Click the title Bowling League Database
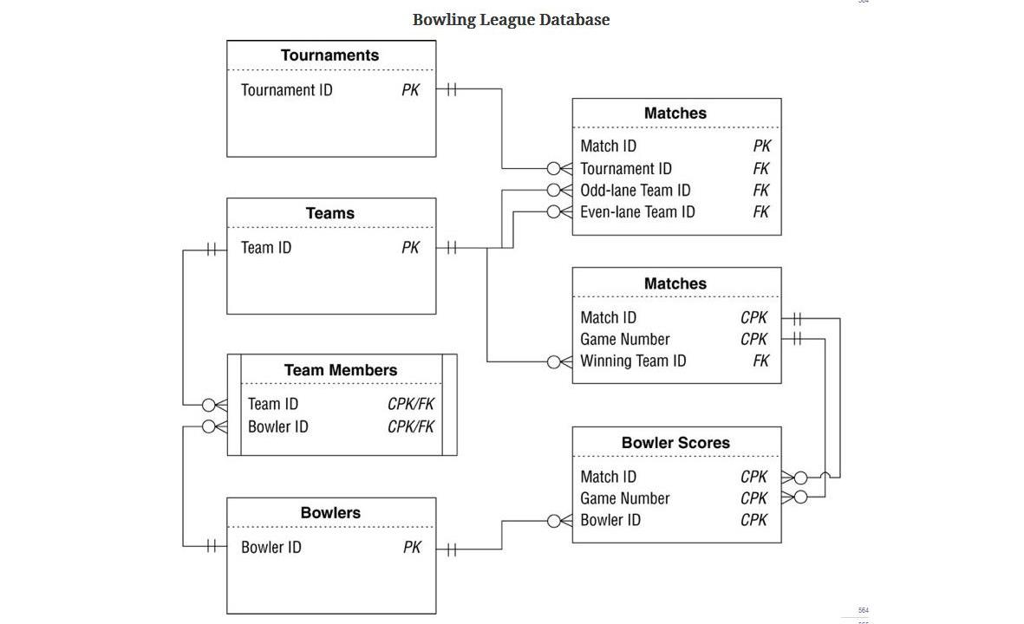click(511, 19)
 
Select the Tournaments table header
click(329, 55)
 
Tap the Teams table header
click(329, 213)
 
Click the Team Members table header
click(340, 370)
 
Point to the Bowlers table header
click(329, 513)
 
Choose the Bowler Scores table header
click(675, 443)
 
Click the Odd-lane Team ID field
click(635, 191)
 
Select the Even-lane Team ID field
click(637, 212)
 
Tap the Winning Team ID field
click(633, 361)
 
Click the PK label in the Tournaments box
click(410, 90)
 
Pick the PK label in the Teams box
click(410, 248)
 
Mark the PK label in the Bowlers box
click(412, 548)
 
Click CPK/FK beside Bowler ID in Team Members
click(411, 427)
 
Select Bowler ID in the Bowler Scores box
click(610, 521)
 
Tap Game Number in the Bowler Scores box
click(624, 499)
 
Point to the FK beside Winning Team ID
click(760, 361)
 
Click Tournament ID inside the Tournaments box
click(286, 90)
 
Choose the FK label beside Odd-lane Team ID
click(760, 191)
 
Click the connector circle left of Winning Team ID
click(554, 362)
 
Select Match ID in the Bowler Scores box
click(608, 478)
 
